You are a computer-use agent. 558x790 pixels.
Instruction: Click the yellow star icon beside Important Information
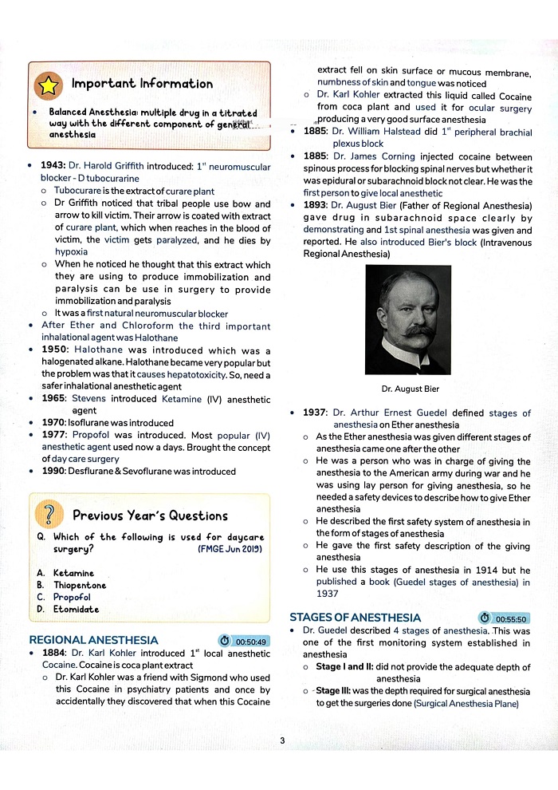(x=48, y=84)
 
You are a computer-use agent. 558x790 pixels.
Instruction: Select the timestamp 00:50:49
(x=244, y=641)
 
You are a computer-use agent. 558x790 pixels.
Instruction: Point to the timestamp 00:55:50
(x=504, y=618)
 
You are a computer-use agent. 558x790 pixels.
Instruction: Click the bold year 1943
(x=53, y=167)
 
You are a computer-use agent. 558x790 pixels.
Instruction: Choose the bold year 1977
(x=55, y=435)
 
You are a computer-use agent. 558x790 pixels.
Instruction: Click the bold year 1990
(x=55, y=471)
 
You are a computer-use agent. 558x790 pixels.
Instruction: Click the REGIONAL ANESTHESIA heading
(x=93, y=640)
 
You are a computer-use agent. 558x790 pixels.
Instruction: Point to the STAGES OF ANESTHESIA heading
(x=355, y=618)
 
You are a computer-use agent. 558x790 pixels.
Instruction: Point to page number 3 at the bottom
(x=282, y=741)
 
